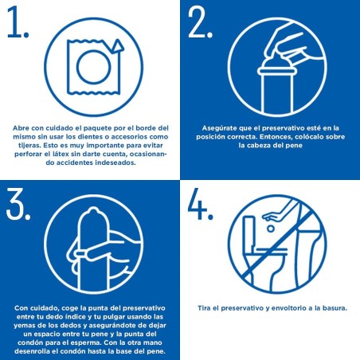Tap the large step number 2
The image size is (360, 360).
198,25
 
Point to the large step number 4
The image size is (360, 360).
200,205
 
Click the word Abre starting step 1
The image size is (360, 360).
22,127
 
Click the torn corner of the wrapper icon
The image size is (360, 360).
117,46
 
